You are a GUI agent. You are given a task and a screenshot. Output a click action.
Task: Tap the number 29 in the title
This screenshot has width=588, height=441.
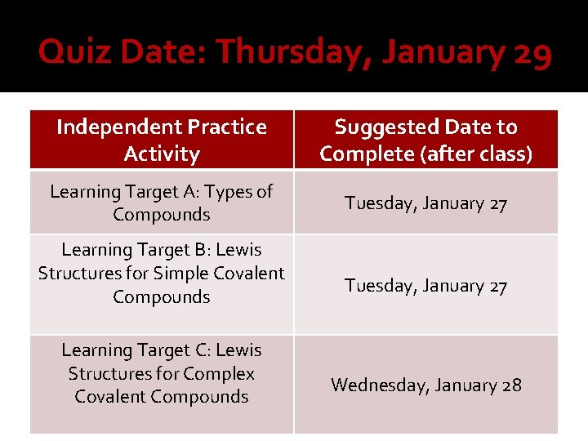tap(531, 53)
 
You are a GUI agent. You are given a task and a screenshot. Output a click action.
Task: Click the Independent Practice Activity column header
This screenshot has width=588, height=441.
tap(162, 140)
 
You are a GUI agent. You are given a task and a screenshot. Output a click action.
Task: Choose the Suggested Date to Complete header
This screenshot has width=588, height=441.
tap(425, 140)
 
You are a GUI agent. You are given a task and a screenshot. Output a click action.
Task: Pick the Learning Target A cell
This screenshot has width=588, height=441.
tap(162, 203)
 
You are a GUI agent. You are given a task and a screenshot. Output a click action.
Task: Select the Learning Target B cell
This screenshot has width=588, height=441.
tap(162, 273)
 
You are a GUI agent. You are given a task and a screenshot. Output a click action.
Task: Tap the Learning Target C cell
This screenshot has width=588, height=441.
tap(162, 373)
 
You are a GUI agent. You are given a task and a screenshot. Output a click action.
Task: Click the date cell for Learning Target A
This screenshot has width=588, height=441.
tap(425, 203)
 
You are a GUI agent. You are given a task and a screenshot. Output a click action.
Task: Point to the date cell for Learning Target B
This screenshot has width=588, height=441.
tap(425, 286)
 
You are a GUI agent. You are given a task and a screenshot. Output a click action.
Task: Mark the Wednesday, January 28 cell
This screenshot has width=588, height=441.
tap(425, 385)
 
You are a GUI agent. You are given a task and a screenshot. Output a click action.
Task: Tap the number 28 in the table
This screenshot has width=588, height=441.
tap(511, 385)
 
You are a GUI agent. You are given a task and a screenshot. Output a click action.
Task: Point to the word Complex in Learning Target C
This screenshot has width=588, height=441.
tap(221, 373)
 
